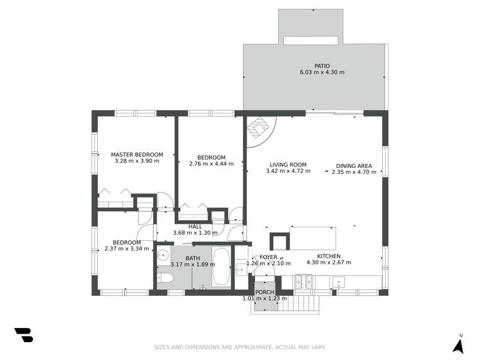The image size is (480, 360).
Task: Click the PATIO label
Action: [x=322, y=65]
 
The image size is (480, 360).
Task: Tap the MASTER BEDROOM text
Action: [x=137, y=154]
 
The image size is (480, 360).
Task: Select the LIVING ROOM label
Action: [x=288, y=165]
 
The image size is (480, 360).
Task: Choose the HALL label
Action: [x=195, y=226]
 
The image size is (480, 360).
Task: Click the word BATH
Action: [x=193, y=258]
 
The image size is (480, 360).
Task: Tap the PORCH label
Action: [x=264, y=292]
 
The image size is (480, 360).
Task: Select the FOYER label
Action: [x=269, y=257]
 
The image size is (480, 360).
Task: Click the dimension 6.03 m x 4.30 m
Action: [x=322, y=72]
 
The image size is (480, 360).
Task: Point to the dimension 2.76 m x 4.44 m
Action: [x=211, y=163]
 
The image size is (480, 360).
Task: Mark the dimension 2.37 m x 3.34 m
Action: [x=127, y=249]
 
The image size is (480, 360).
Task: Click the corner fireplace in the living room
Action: [x=258, y=129]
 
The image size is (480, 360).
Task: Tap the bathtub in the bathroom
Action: [x=221, y=267]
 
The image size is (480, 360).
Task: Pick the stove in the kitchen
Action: [x=303, y=282]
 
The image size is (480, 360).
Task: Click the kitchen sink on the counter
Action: [x=339, y=282]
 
